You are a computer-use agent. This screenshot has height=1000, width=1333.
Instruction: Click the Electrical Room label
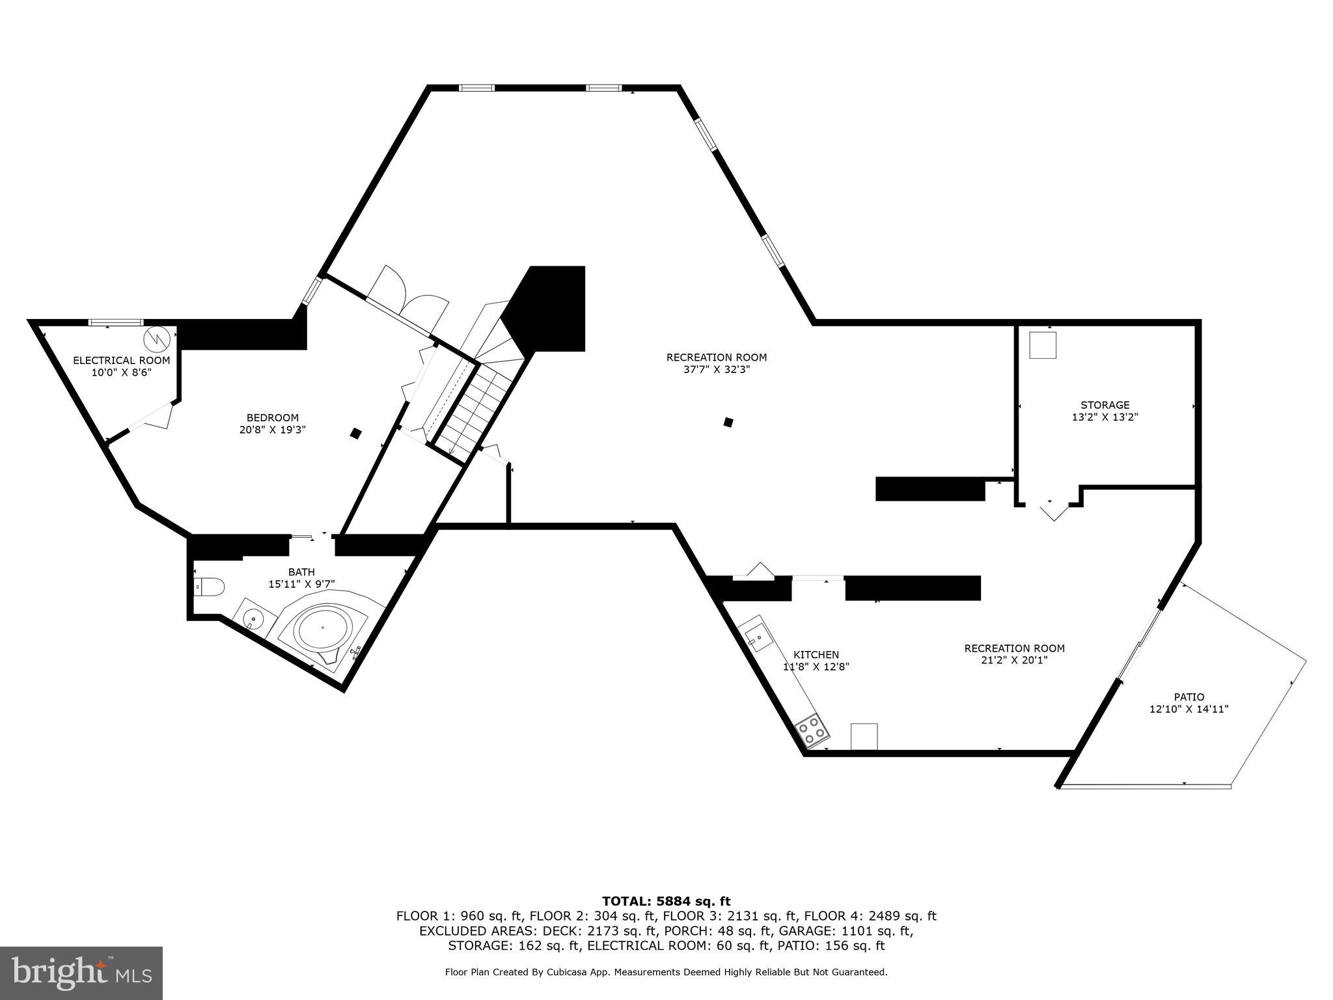pos(121,360)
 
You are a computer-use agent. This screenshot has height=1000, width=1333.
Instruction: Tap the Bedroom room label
pos(272,418)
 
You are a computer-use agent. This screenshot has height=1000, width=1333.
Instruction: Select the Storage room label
pos(1105,405)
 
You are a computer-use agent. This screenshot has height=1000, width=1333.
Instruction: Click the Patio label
pos(1189,697)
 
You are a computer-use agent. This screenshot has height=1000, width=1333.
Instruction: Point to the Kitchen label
pos(816,655)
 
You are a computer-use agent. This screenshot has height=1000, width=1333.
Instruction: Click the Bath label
pos(301,572)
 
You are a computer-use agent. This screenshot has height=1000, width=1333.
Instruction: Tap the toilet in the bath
pos(210,587)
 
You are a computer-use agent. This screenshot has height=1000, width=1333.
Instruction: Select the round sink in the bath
pos(251,616)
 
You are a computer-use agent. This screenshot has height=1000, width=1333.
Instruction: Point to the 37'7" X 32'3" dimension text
pos(717,369)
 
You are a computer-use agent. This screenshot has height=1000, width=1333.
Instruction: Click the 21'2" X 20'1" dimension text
pos(1014,660)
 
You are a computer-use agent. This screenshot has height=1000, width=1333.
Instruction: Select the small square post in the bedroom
pos(355,433)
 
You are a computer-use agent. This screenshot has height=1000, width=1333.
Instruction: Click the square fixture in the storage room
pos(1042,345)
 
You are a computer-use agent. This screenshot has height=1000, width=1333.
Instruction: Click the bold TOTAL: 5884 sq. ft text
pos(666,902)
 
